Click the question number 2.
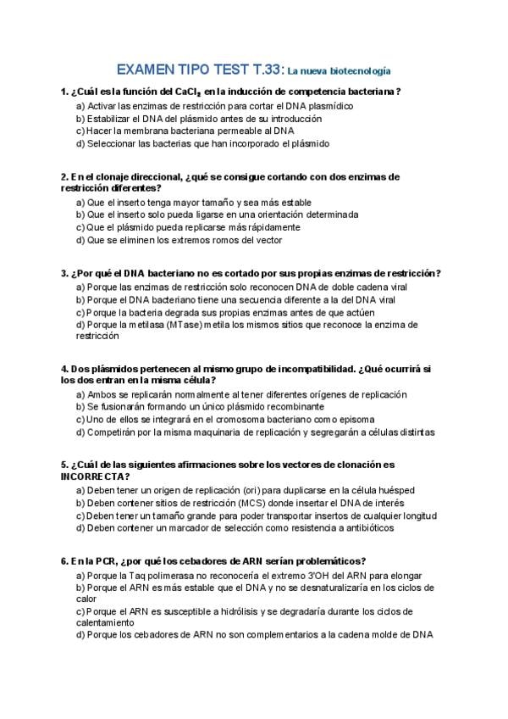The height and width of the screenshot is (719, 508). coord(63,176)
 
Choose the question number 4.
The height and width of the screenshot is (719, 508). coord(63,369)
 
